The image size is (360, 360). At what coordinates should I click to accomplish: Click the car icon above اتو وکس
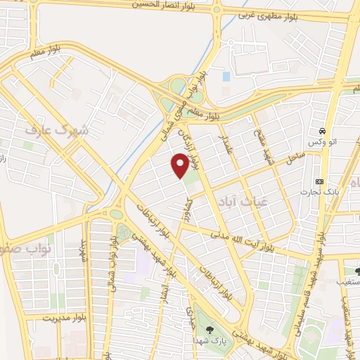(321, 131)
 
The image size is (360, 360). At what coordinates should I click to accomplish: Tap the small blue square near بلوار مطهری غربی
(226, 75)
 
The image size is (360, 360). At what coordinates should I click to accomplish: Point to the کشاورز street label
(188, 210)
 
